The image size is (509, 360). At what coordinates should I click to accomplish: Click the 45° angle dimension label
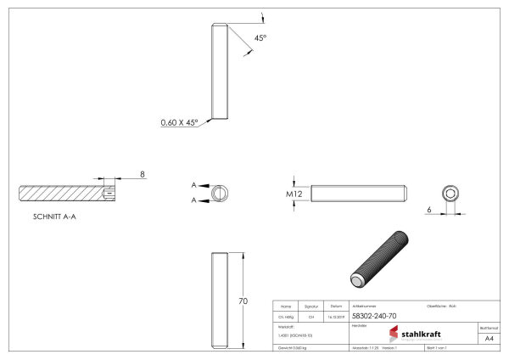[x=260, y=38]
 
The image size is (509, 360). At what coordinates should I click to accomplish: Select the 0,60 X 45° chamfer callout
[x=179, y=122]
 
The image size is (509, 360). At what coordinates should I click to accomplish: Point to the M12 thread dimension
[x=294, y=194]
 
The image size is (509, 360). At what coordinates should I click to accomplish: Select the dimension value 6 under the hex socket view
[x=429, y=208]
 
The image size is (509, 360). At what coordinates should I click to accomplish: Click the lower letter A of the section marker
[x=194, y=200]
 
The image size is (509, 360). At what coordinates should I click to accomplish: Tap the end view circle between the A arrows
[x=219, y=193]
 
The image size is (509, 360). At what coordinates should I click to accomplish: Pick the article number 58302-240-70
[x=374, y=315]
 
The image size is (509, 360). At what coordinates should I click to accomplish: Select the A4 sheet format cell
[x=488, y=338]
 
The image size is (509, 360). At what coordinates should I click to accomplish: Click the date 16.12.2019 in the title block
[x=336, y=315]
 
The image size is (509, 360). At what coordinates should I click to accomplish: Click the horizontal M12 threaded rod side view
[x=360, y=194]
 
